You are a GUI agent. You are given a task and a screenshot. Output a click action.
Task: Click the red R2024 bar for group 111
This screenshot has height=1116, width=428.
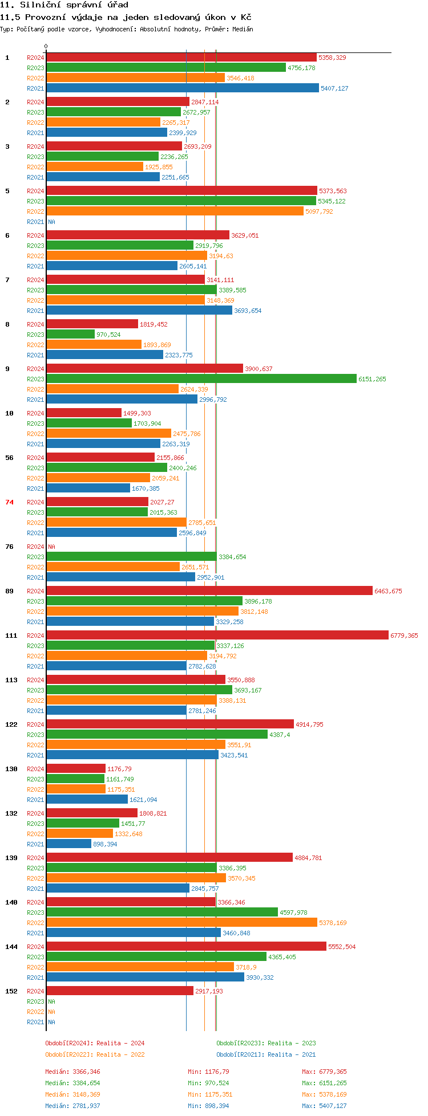click(217, 635)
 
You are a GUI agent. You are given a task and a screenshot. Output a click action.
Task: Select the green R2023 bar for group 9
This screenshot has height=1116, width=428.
click(201, 378)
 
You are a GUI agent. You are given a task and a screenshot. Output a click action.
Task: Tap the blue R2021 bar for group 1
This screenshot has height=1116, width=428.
click(183, 88)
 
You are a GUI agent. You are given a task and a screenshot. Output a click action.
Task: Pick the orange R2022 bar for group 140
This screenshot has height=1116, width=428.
click(181, 922)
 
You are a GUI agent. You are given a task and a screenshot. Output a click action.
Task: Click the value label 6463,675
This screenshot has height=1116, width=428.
click(388, 591)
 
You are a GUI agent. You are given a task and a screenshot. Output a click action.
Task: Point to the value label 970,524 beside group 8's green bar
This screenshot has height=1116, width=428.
click(108, 335)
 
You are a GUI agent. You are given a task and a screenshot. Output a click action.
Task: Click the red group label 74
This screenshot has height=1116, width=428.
click(9, 502)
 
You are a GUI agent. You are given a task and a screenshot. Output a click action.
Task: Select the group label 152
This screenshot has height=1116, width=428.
click(11, 991)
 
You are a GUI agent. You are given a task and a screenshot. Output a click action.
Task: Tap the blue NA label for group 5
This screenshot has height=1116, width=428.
click(51, 222)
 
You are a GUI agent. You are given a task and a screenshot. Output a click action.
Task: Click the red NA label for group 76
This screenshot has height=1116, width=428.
click(51, 547)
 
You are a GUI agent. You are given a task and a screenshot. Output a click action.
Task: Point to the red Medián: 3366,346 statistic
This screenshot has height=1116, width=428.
click(72, 1072)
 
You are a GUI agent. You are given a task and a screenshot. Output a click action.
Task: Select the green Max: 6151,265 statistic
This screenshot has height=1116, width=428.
click(324, 1083)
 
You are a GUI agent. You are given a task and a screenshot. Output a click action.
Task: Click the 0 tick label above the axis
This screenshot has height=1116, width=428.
click(46, 47)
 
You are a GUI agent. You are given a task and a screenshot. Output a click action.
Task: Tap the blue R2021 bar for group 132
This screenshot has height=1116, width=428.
click(68, 844)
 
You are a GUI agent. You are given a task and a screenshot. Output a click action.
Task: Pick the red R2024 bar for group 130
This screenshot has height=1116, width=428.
click(76, 768)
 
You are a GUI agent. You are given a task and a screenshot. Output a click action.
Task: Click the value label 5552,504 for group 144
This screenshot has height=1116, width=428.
click(342, 947)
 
